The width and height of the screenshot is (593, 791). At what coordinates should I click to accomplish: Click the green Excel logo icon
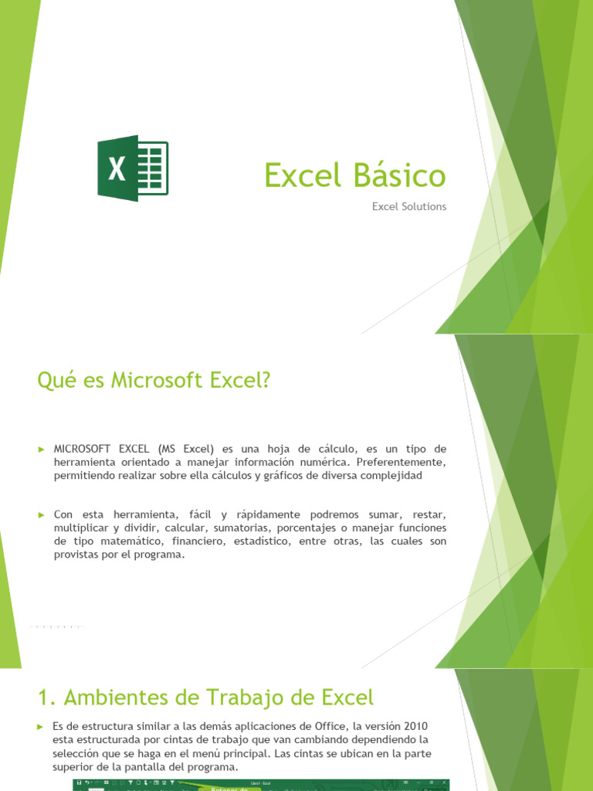click(132, 168)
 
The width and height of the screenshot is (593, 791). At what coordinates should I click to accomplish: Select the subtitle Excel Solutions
click(409, 207)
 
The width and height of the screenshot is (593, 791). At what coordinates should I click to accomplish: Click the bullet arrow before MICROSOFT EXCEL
click(42, 449)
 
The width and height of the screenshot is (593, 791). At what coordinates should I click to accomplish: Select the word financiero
click(198, 541)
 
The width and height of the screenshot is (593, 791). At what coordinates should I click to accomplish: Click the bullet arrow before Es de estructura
click(42, 727)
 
